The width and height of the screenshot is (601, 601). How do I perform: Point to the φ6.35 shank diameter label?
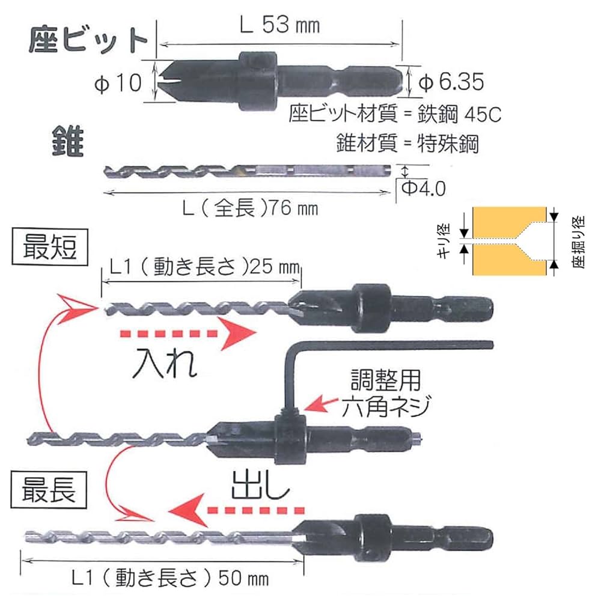coord(451,82)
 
